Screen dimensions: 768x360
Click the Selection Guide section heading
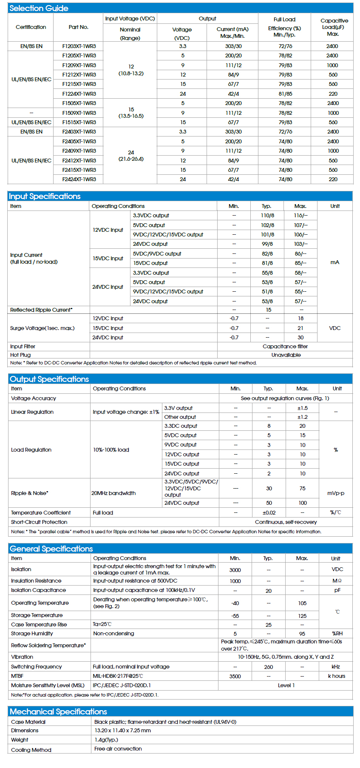pyautogui.click(x=39, y=8)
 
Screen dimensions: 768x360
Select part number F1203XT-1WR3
pyautogui.click(x=79, y=46)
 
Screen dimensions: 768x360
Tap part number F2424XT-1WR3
pyautogui.click(x=79, y=179)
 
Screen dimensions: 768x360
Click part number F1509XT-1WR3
pyautogui.click(x=79, y=113)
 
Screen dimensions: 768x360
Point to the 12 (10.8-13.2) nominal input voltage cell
pyautogui.click(x=131, y=70)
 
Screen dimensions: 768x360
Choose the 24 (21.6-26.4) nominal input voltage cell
pyautogui.click(x=131, y=156)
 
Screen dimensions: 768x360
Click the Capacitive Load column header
pyautogui.click(x=334, y=27)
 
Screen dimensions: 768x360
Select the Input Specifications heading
pyautogui.click(x=45, y=196)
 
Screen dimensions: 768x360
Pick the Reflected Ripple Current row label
pyautogui.click(x=41, y=310)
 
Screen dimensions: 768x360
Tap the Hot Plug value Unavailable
pyautogui.click(x=286, y=355)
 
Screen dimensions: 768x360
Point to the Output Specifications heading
pyautogui.click(x=49, y=379)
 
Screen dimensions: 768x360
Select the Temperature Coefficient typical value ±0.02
pyautogui.click(x=269, y=513)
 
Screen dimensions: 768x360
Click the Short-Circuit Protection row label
pyautogui.click(x=39, y=522)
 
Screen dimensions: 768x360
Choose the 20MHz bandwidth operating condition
pyautogui.click(x=113, y=493)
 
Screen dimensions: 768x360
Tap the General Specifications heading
pyautogui.click(x=51, y=549)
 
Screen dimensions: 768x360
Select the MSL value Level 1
pyautogui.click(x=286, y=686)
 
